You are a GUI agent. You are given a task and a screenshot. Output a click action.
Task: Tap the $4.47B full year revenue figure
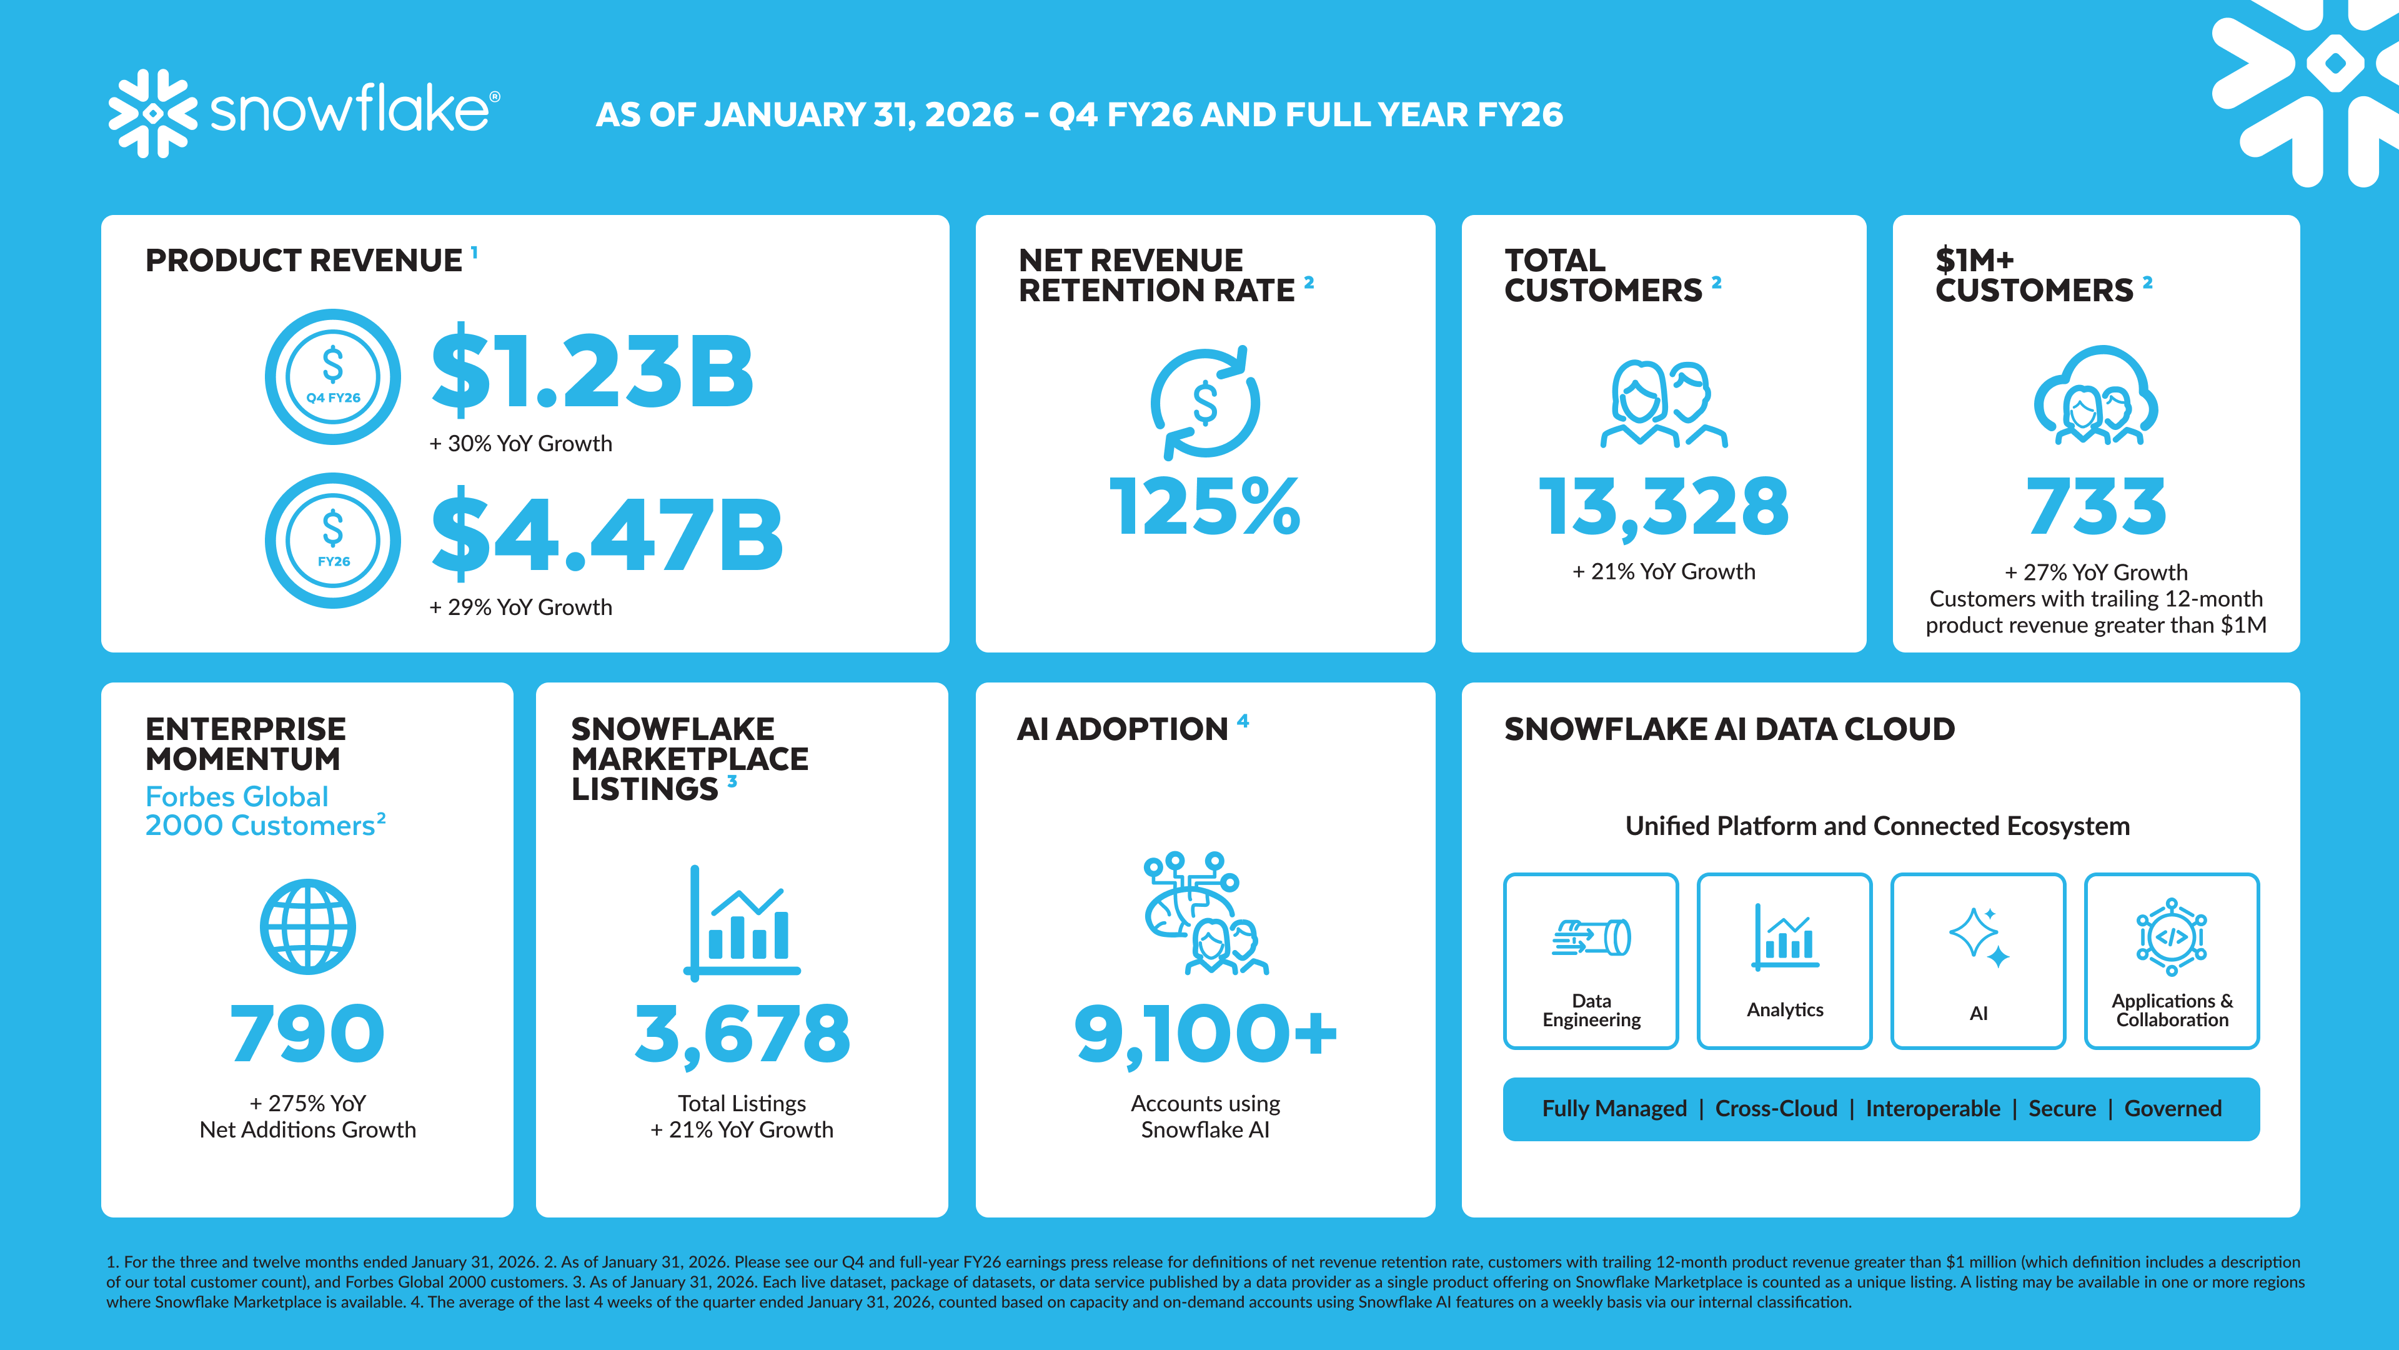tap(607, 536)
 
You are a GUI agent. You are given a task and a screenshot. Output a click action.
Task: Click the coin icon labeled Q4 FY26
tap(332, 376)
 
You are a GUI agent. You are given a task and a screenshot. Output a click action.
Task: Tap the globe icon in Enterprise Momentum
tap(307, 927)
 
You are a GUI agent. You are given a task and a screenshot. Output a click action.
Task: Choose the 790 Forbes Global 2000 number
tap(307, 1034)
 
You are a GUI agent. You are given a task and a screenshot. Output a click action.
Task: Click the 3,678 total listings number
tap(742, 1034)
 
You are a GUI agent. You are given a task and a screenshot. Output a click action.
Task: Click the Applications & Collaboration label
tap(2172, 1010)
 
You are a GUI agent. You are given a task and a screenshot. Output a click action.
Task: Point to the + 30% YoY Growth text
tap(520, 444)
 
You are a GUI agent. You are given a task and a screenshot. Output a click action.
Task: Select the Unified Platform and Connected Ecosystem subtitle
tap(1877, 826)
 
